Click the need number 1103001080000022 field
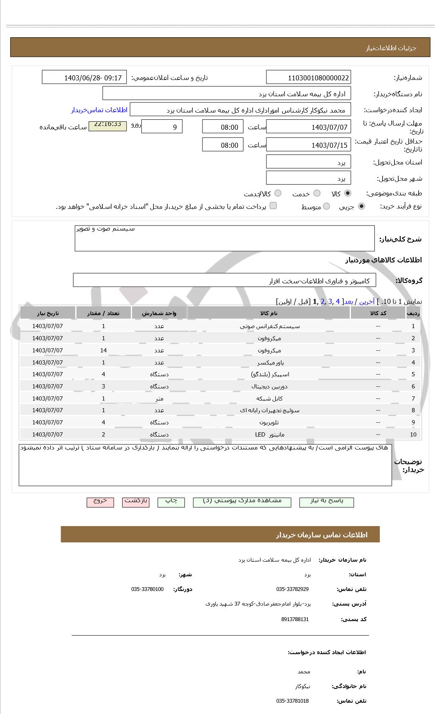(308, 77)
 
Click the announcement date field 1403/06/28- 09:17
(84, 77)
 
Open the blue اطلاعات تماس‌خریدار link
(99, 110)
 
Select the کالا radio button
(348, 193)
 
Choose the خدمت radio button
(317, 193)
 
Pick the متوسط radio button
(327, 206)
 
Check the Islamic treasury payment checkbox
(273, 205)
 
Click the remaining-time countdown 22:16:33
(107, 125)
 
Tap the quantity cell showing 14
(103, 350)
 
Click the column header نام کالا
(269, 313)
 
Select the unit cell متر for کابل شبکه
(159, 398)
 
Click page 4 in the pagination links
(338, 301)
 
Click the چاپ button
(171, 501)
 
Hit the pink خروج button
(100, 501)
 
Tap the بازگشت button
(136, 501)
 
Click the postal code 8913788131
(295, 619)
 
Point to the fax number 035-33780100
(147, 589)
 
